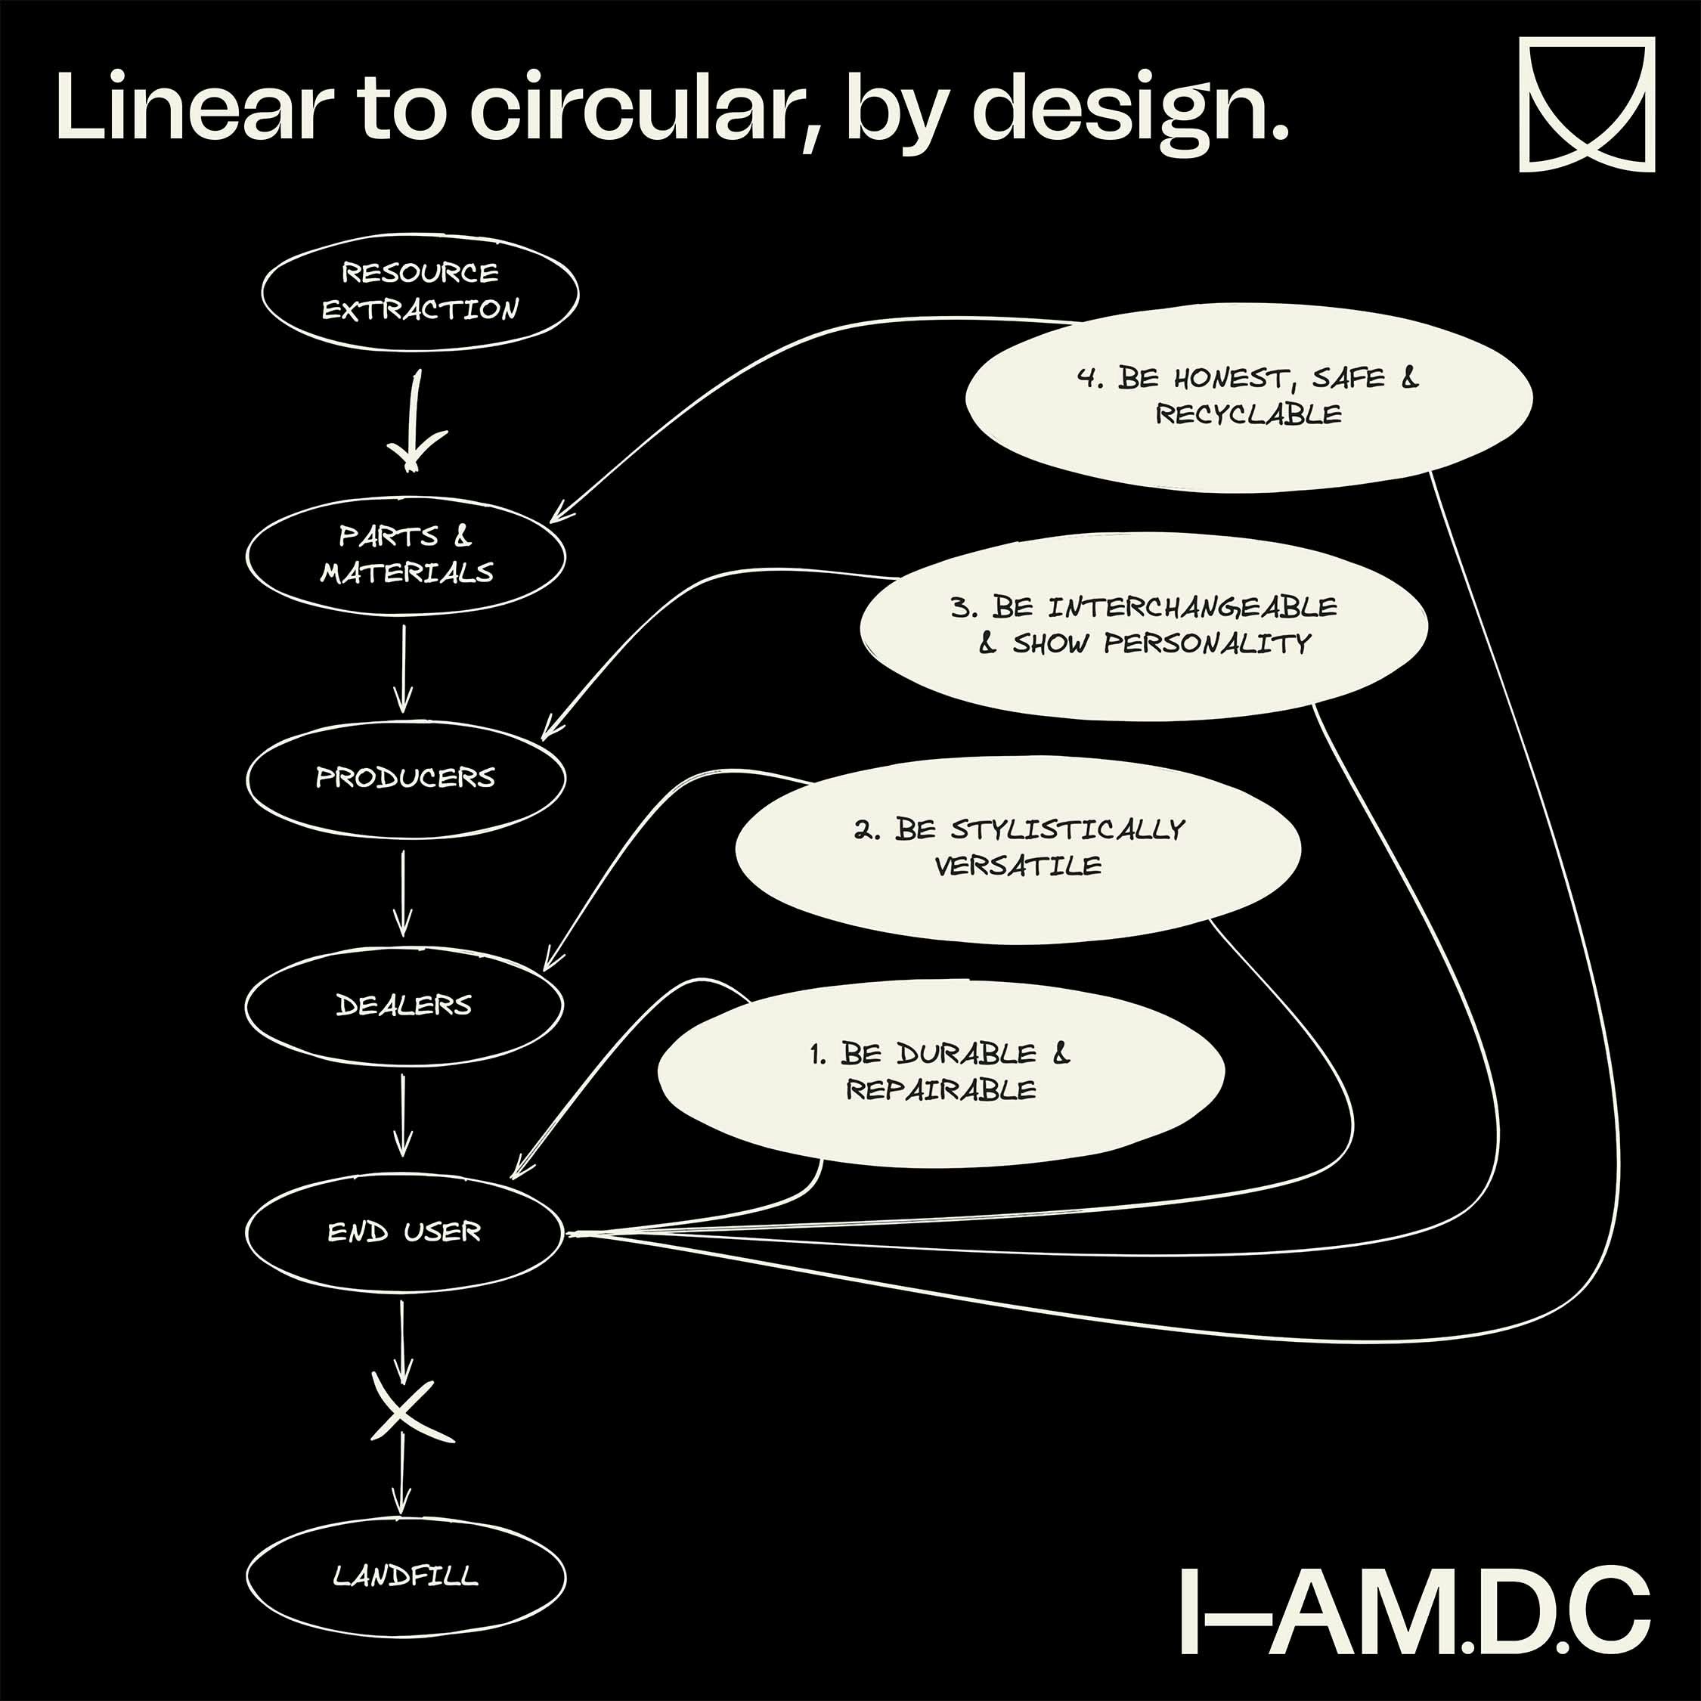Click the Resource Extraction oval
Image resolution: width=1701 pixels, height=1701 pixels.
[x=420, y=291]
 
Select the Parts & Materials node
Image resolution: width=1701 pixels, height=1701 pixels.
[x=405, y=555]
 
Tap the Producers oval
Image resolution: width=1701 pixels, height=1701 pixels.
[x=405, y=777]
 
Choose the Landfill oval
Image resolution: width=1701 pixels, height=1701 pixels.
[x=405, y=1575]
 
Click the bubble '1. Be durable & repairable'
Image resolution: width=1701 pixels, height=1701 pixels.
[x=940, y=1071]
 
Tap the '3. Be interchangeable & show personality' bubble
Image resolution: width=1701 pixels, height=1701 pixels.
[x=1144, y=625]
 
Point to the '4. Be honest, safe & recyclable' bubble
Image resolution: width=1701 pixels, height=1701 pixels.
[x=1248, y=396]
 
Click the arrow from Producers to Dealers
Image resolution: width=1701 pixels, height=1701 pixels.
[x=403, y=891]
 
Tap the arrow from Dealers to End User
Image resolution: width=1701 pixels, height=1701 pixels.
[x=403, y=1114]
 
